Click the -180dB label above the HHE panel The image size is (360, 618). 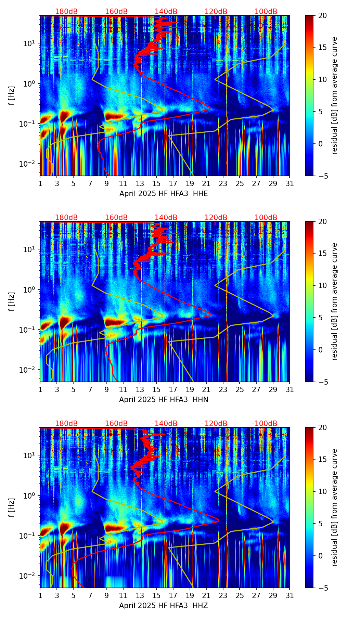click(x=65, y=12)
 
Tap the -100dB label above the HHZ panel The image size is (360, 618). click(x=265, y=424)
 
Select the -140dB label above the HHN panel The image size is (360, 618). click(x=165, y=218)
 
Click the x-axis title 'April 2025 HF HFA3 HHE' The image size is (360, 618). click(x=164, y=194)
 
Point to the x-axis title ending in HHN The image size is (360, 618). click(x=164, y=400)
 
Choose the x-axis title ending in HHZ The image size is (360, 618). click(x=164, y=606)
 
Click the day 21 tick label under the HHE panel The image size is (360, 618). click(x=206, y=184)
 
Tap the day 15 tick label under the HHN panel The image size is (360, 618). click(x=156, y=390)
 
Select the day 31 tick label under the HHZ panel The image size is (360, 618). click(x=290, y=596)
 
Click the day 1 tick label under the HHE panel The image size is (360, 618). click(x=40, y=184)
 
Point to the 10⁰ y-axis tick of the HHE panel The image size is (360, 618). click(x=29, y=83)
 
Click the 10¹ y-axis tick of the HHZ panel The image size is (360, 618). click(x=29, y=455)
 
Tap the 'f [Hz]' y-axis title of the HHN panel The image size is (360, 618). click(x=12, y=301)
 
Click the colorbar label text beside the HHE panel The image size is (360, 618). click(x=334, y=95)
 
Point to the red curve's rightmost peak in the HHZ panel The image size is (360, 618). click(x=218, y=522)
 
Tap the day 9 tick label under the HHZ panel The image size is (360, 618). click(x=107, y=596)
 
